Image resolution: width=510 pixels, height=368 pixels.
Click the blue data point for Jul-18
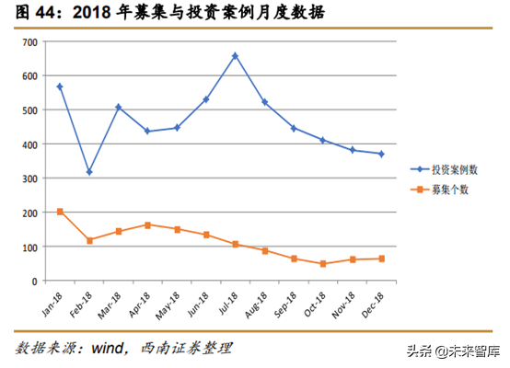[236, 56]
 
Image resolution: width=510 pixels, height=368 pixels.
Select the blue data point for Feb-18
[89, 172]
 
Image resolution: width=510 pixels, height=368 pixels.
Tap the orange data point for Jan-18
[60, 212]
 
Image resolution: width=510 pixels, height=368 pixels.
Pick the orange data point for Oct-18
[323, 264]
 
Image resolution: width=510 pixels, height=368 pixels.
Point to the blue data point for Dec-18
[381, 154]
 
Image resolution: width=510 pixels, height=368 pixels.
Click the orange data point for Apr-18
[147, 224]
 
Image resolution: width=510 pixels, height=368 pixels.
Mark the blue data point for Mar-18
[119, 107]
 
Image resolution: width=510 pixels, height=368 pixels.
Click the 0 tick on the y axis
[33, 281]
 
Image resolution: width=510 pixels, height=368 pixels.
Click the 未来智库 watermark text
[470, 351]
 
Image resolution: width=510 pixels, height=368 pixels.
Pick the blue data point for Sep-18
[294, 128]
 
